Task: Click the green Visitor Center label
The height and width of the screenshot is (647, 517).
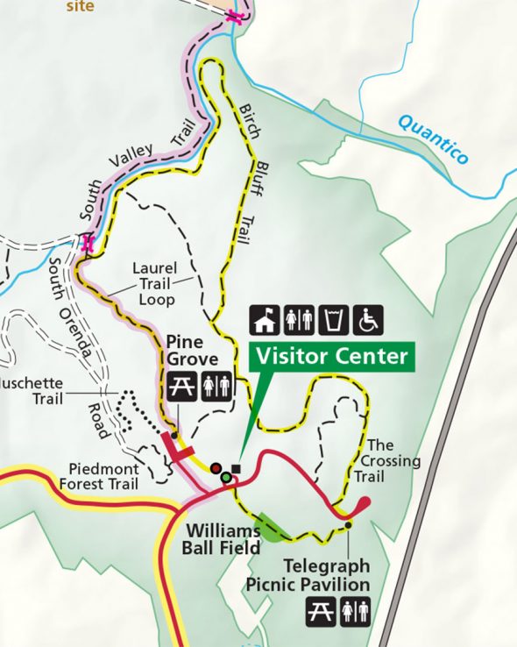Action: (x=331, y=357)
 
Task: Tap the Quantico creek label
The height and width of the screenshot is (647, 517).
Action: (x=433, y=136)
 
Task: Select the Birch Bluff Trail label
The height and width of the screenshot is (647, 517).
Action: (x=250, y=167)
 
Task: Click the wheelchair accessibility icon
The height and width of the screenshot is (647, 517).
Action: (x=368, y=320)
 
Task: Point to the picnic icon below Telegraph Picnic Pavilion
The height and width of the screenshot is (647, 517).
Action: (x=321, y=611)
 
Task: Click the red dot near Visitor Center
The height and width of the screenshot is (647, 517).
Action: (x=216, y=468)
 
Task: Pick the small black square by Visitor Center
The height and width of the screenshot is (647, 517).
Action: (x=236, y=468)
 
